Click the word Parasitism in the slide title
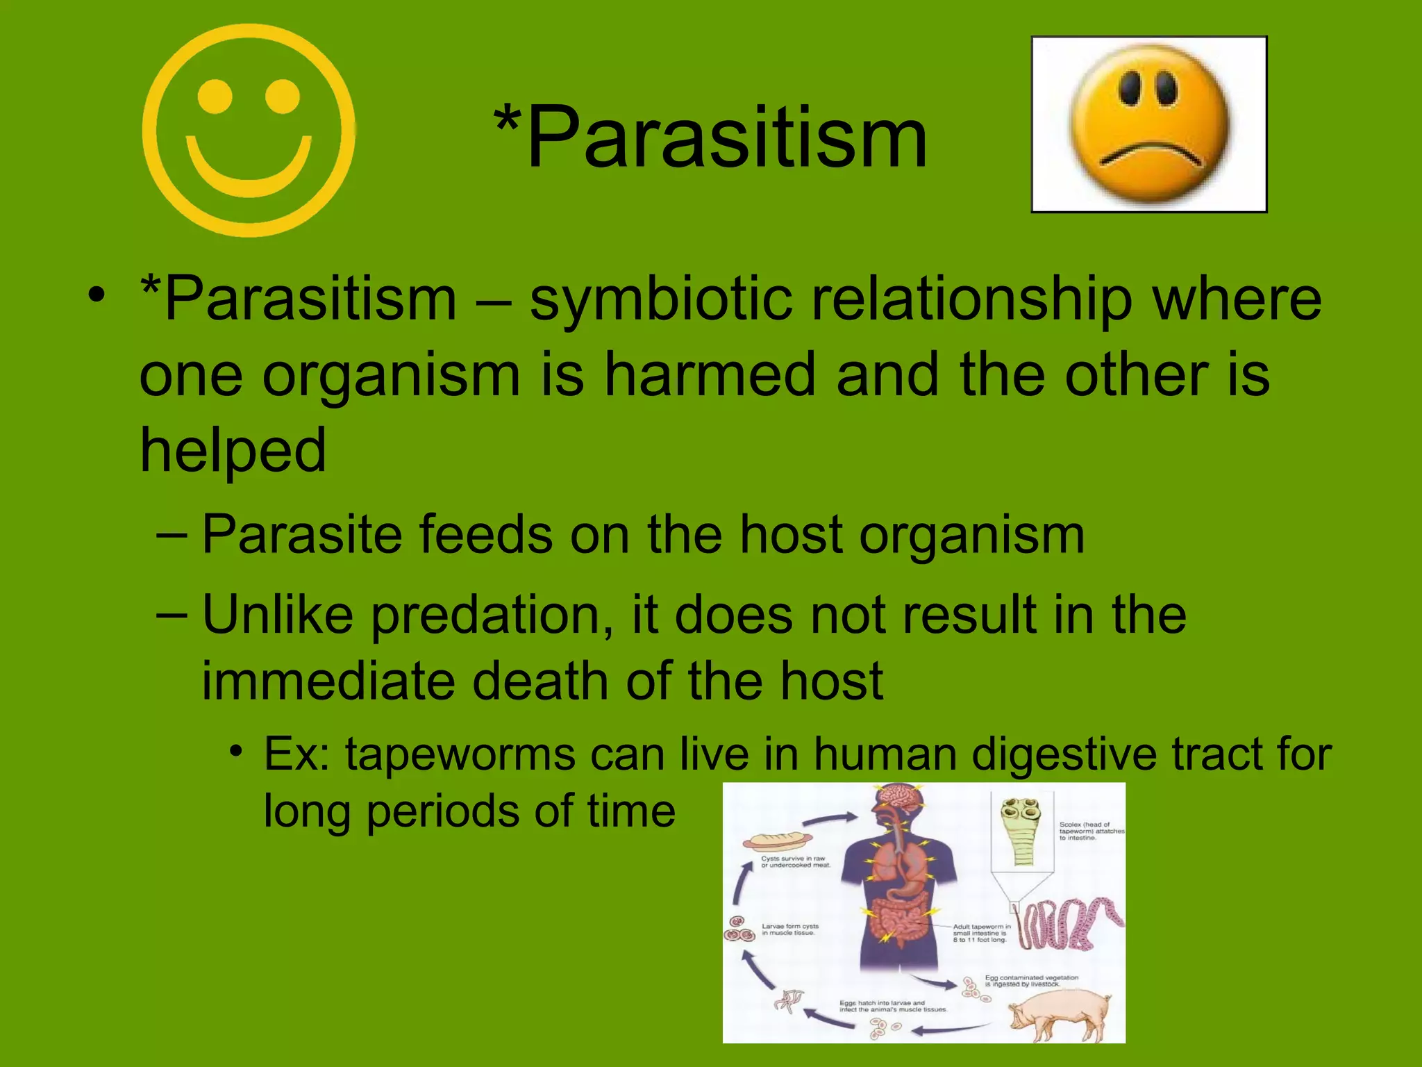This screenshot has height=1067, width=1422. pyautogui.click(x=726, y=137)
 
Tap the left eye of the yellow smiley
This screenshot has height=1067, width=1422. pyautogui.click(x=215, y=97)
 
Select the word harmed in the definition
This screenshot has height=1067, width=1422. pyautogui.click(x=710, y=375)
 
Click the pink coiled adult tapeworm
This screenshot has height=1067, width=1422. pyautogui.click(x=1069, y=924)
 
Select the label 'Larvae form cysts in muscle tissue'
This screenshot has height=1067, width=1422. pyautogui.click(x=790, y=929)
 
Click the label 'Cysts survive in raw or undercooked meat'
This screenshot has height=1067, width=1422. pyautogui.click(x=796, y=861)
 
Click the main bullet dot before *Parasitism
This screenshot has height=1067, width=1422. pyautogui.click(x=97, y=297)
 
